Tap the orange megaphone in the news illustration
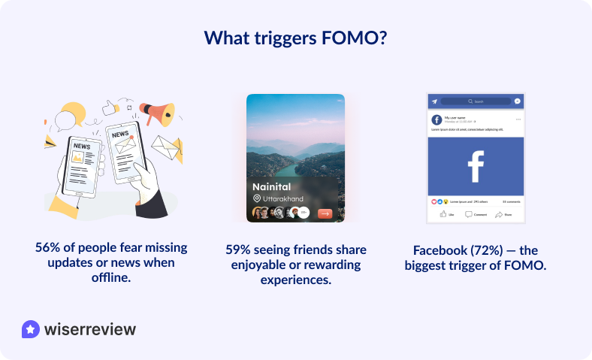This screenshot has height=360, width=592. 160,113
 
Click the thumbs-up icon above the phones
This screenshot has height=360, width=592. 110,107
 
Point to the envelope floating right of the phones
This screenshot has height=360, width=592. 166,148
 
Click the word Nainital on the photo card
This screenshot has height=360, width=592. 271,186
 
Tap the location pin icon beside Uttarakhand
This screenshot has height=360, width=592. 257,198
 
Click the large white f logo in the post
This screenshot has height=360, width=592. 475,166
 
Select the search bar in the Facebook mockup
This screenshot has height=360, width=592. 475,101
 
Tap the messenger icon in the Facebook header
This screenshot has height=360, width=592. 517,101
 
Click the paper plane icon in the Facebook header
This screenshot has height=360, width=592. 433,101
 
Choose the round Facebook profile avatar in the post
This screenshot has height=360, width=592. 436,119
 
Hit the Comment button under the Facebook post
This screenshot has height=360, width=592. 476,214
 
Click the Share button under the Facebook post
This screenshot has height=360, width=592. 503,214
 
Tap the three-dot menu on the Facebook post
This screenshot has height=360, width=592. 518,119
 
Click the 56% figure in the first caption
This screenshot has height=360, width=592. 47,247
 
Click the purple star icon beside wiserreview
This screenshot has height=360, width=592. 31,329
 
